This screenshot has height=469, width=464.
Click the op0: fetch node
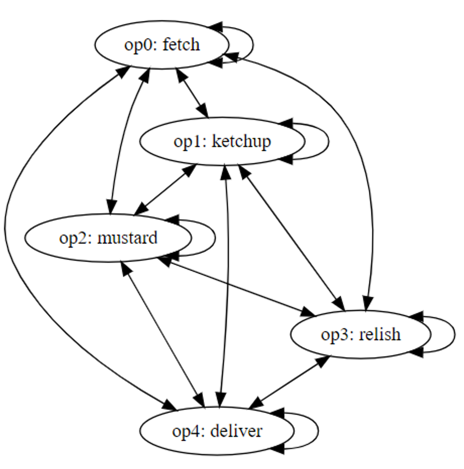point(162,45)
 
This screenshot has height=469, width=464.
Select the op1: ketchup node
point(222,141)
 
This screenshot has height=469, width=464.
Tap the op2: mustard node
point(108,238)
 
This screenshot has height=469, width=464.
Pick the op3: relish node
point(360,334)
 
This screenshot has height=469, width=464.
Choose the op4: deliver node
point(217,431)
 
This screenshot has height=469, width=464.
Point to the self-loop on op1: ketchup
point(328,141)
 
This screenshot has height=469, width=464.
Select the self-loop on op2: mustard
point(215,238)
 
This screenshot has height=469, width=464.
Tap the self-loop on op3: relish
point(454,334)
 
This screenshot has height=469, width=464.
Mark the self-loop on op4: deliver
point(318,431)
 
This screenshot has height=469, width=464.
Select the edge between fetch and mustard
point(123,141)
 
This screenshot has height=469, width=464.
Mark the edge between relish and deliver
point(290,382)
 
